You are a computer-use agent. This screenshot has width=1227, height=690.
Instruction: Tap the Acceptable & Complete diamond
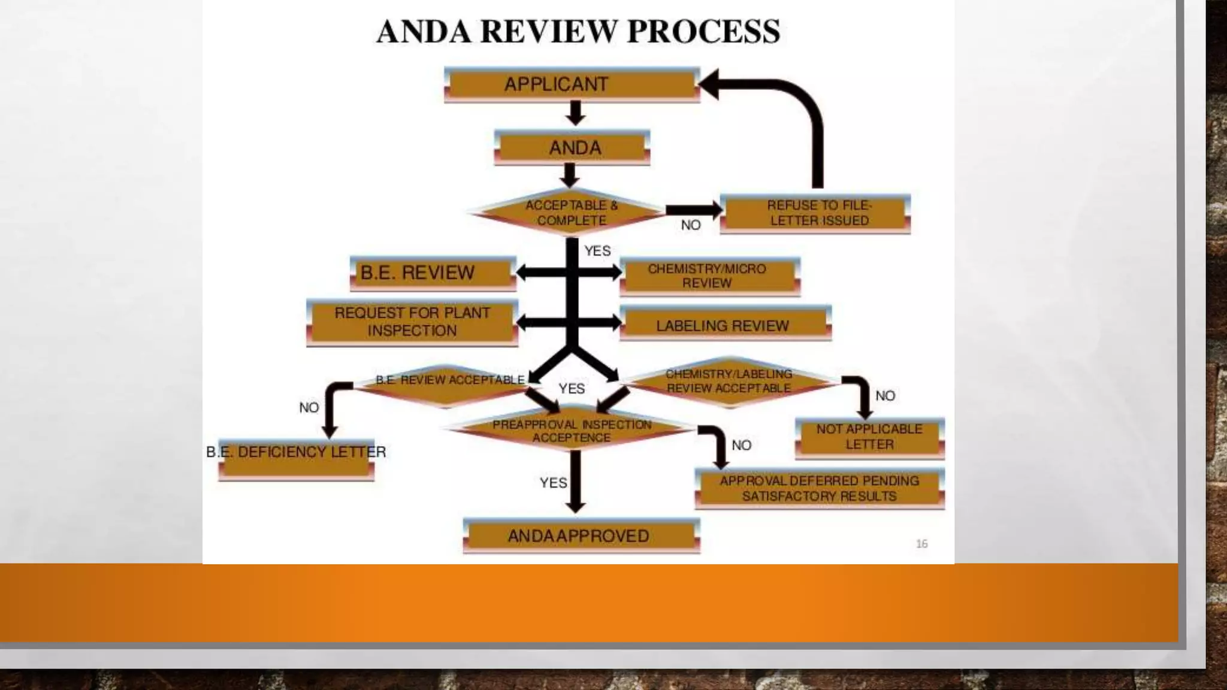click(x=570, y=213)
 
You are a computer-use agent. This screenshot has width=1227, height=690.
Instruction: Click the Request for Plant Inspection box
click(x=412, y=322)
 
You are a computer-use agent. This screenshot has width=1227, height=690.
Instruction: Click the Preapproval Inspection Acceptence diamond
click(x=572, y=431)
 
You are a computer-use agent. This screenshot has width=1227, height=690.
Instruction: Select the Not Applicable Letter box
click(x=869, y=437)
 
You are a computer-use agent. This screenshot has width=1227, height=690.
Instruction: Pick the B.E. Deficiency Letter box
click(x=297, y=458)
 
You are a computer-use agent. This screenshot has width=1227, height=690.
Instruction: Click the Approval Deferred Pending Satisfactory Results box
click(x=820, y=489)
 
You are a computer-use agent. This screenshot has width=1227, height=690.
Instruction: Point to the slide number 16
click(x=921, y=544)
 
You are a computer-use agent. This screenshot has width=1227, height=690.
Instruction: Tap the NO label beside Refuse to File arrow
click(x=691, y=225)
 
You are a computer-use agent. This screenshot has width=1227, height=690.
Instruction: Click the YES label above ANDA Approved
click(x=552, y=483)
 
